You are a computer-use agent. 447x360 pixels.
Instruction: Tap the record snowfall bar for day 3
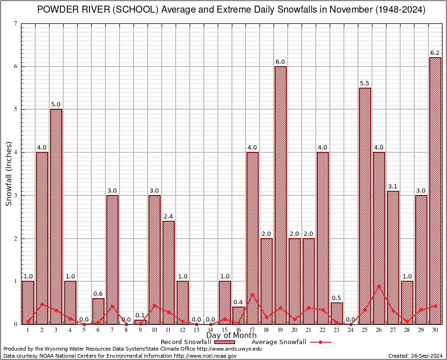tap(56, 216)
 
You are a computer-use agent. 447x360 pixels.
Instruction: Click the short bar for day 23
tap(337, 313)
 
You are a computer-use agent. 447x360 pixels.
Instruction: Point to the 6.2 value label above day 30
tap(435, 52)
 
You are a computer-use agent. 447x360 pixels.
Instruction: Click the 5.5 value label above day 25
tap(365, 83)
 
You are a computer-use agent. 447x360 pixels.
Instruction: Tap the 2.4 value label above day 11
tap(169, 216)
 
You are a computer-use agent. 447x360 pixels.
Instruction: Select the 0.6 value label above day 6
tap(98, 293)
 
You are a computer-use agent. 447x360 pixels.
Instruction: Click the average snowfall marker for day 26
tap(379, 286)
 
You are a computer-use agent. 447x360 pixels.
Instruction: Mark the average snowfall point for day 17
tap(253, 295)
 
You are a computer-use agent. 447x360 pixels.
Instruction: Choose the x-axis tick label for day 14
tap(210, 330)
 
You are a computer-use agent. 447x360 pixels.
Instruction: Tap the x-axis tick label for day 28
tap(407, 330)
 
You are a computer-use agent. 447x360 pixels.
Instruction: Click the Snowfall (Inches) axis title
tap(8, 174)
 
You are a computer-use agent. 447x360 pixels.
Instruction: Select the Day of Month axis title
tap(231, 336)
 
